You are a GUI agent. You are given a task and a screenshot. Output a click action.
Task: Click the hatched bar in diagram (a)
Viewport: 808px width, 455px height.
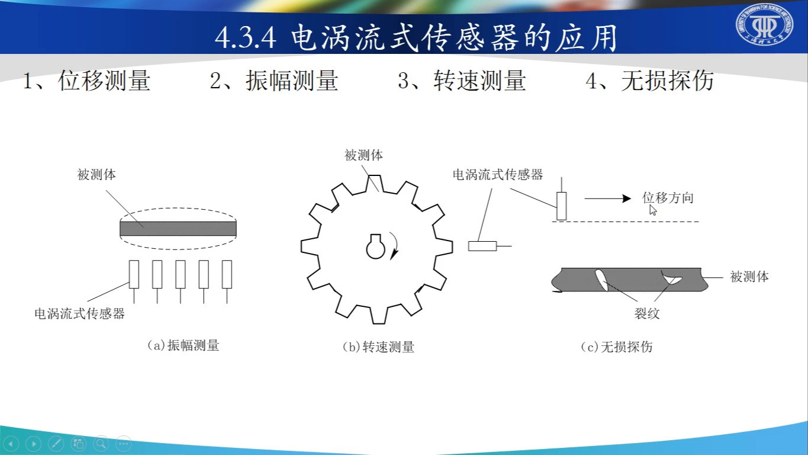(178, 228)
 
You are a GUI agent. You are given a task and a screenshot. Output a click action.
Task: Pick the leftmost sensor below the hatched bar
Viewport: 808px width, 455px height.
(134, 274)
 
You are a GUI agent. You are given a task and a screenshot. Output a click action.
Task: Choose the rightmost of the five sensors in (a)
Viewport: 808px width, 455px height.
(227, 274)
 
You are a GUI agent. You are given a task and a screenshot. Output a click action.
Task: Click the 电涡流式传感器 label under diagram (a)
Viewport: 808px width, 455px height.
(79, 314)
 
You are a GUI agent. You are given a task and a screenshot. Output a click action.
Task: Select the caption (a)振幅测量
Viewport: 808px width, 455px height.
(183, 345)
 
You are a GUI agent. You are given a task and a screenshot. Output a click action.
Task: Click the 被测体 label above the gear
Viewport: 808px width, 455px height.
(363, 156)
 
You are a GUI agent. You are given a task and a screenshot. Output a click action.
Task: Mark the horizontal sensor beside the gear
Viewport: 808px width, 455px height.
(482, 246)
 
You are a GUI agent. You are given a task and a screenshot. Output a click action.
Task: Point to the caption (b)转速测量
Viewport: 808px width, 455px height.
(378, 347)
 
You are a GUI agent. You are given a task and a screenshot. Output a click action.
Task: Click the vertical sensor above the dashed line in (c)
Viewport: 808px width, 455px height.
(561, 206)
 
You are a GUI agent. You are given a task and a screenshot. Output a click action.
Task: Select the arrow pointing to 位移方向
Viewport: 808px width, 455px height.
(607, 198)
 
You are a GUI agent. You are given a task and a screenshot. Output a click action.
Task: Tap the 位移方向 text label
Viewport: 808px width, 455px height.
(667, 198)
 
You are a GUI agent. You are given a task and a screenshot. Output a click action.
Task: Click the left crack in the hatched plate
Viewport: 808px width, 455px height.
(600, 280)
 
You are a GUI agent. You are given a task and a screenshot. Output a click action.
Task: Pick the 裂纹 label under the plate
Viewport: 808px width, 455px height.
(647, 314)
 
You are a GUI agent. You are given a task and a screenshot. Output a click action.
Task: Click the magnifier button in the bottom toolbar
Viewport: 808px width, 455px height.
(101, 443)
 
